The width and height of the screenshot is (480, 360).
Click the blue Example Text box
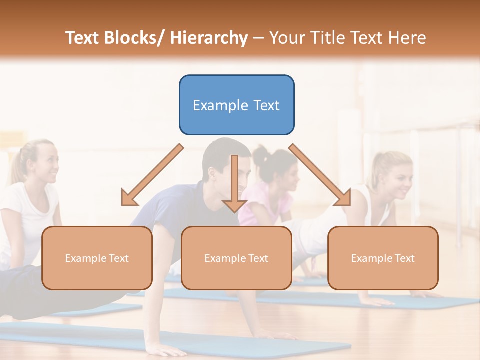(236, 105)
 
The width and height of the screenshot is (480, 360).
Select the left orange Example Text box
(97, 258)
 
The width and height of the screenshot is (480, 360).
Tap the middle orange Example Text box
(236, 258)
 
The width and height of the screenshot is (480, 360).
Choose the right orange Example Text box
(383, 258)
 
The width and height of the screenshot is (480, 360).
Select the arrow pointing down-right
(320, 175)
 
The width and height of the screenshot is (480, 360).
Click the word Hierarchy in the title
(209, 38)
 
